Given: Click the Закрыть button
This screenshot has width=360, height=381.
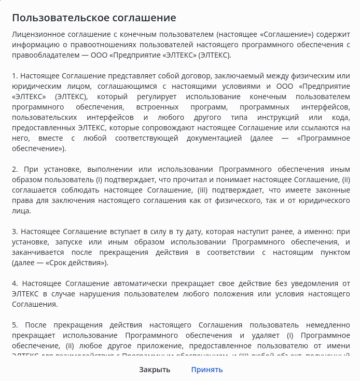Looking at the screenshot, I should coord(155,370).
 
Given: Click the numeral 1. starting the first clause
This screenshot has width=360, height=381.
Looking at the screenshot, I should coord(15,76).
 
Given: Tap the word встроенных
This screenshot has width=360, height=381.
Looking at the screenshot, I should coord(151,107).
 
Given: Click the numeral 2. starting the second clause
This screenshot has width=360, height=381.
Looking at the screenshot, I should coord(15,169).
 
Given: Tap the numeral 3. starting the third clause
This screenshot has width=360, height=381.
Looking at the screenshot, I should coord(15,232).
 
